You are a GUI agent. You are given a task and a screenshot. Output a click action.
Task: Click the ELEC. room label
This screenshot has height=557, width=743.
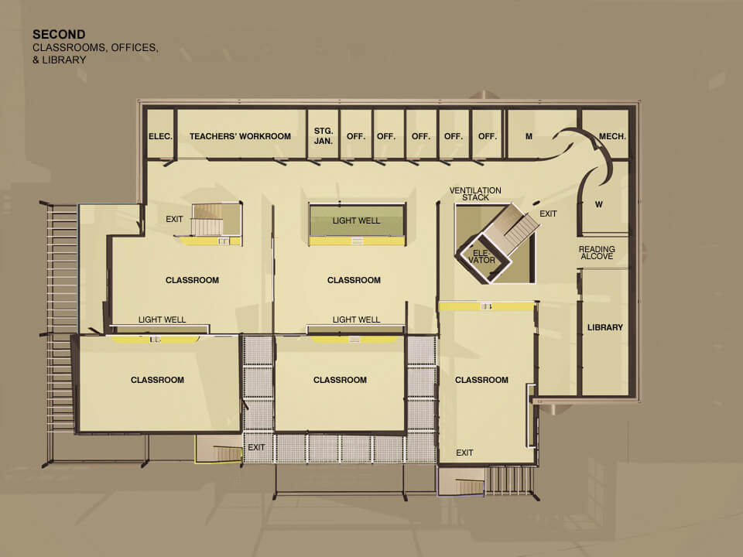[160, 136]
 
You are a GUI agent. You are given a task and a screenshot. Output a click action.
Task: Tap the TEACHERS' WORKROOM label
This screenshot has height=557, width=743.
[240, 136]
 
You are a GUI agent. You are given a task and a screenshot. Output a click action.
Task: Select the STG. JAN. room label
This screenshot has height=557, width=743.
[324, 136]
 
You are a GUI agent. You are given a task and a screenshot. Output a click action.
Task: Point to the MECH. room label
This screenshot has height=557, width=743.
[612, 136]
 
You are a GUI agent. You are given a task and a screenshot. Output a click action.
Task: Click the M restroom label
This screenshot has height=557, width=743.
[529, 136]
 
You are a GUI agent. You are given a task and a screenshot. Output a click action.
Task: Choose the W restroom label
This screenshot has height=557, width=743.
[599, 204]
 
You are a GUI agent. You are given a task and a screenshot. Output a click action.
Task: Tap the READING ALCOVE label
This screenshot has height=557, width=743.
[597, 252]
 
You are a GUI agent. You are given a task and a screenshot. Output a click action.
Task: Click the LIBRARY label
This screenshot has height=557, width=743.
[605, 327]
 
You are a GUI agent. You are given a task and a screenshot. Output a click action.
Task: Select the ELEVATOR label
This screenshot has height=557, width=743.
[481, 256]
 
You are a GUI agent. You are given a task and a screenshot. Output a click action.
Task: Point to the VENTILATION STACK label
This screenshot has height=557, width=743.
[475, 193]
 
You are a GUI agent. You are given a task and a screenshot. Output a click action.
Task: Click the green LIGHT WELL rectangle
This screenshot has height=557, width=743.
[357, 220]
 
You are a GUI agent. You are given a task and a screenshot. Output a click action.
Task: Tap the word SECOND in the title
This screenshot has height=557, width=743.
[59, 34]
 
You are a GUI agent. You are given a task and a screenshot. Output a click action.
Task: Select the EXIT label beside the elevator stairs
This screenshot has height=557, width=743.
[548, 214]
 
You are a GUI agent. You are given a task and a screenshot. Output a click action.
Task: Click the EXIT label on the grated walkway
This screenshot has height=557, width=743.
[256, 447]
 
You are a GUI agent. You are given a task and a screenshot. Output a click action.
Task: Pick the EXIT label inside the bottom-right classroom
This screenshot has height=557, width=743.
[464, 453]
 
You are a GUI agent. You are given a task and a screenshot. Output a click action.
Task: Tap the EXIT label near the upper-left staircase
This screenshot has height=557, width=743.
[174, 219]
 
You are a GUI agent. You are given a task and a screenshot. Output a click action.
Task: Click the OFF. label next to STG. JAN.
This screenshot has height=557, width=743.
[356, 136]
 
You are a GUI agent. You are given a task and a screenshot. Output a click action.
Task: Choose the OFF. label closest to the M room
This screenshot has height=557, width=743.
[487, 136]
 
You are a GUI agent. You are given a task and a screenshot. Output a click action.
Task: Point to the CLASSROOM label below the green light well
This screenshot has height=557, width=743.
[354, 280]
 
